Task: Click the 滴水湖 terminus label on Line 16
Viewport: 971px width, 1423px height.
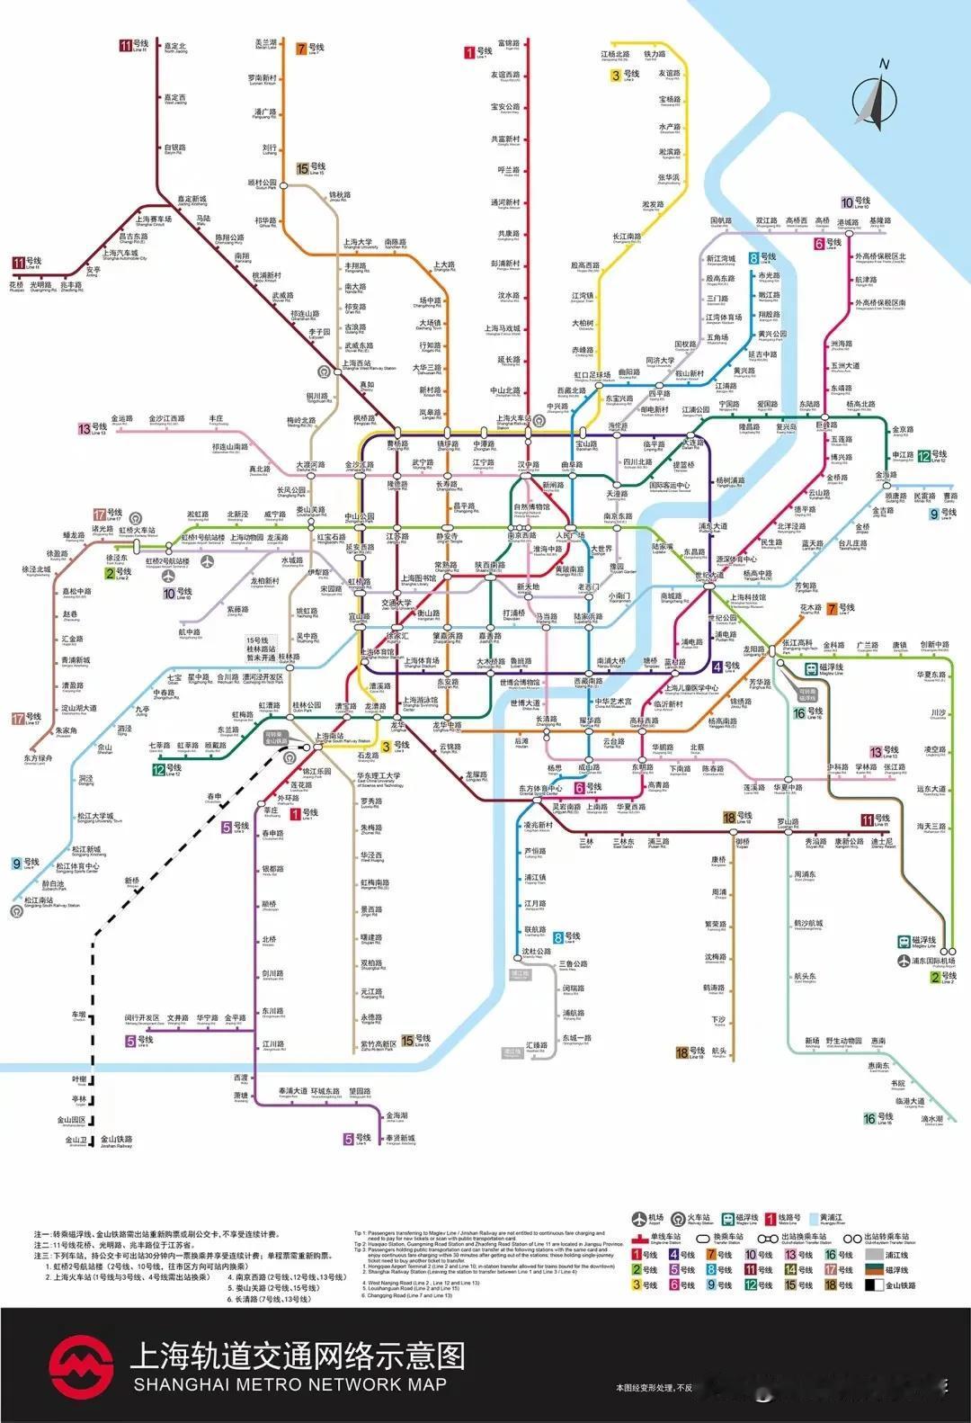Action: click(931, 1120)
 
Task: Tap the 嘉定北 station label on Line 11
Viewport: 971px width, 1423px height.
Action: click(175, 48)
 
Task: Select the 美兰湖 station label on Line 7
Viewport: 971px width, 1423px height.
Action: click(265, 44)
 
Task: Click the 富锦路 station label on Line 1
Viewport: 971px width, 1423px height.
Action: click(508, 44)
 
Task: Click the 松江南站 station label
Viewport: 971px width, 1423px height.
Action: click(40, 900)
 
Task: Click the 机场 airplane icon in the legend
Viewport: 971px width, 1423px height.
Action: click(639, 1220)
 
